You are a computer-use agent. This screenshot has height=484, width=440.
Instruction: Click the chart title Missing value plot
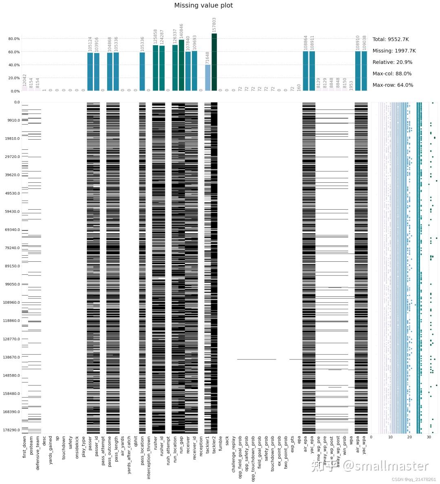(x=203, y=6)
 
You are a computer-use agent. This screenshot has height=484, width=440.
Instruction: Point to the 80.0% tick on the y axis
(x=14, y=39)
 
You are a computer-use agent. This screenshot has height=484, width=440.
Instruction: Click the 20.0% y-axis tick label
(x=14, y=78)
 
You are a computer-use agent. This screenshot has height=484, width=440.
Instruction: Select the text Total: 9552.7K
(x=390, y=39)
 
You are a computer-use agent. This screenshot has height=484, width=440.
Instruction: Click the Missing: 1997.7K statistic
(x=394, y=51)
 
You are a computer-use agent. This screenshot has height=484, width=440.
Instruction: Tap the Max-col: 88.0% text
(x=392, y=74)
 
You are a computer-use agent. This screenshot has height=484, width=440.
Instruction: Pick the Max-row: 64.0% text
(x=393, y=85)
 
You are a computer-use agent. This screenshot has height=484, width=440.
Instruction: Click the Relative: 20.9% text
(x=392, y=62)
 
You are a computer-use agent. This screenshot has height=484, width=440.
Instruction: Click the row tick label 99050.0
(x=11, y=284)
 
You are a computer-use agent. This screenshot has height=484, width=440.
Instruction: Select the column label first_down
(x=24, y=453)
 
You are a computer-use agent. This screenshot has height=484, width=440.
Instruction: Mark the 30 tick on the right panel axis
(x=429, y=437)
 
